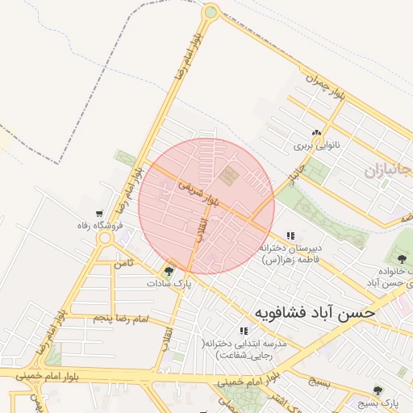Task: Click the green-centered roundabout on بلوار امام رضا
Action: (211, 12)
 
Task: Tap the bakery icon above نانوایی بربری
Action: (316, 133)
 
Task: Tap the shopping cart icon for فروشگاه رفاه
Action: (99, 214)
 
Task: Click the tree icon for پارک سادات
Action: (169, 271)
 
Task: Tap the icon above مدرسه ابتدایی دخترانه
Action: (243, 331)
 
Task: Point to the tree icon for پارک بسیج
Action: (378, 390)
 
